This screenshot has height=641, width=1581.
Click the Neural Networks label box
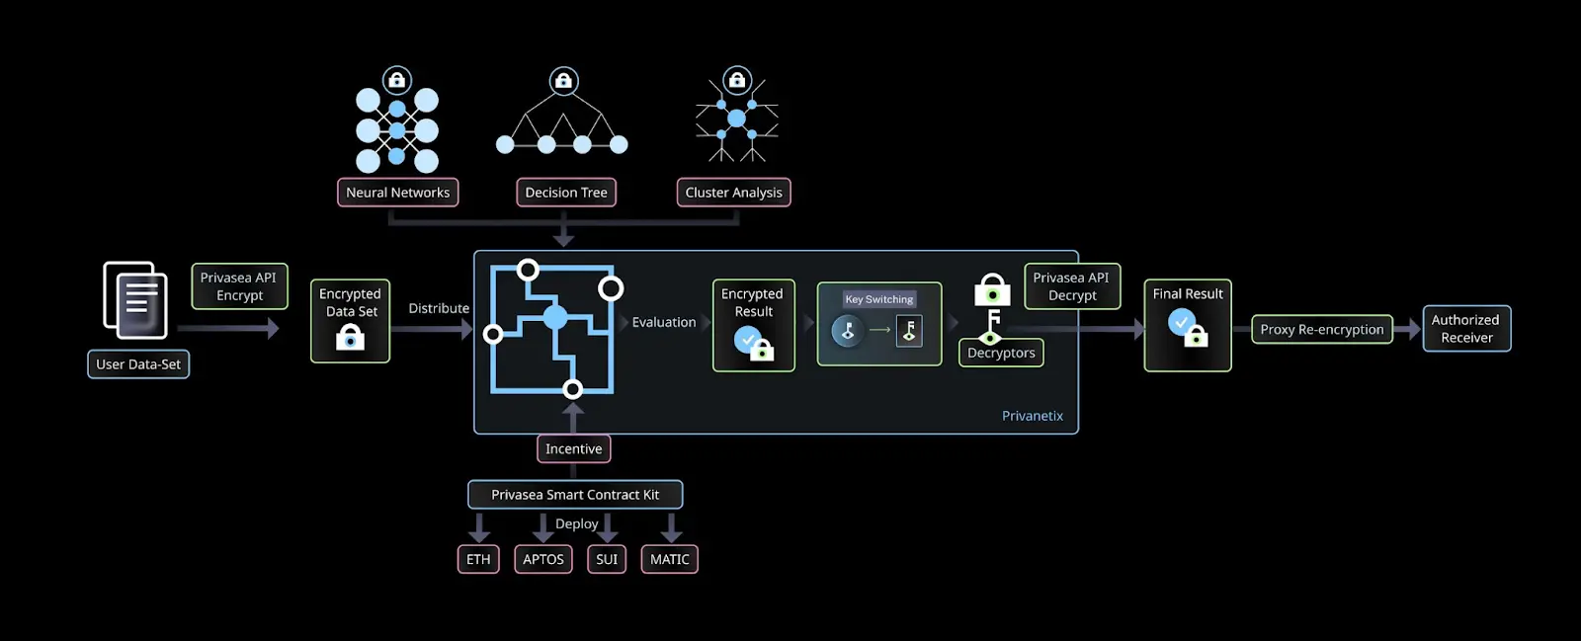[397, 193]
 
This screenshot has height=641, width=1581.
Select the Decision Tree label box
[566, 193]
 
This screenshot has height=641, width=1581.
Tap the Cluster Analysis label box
[733, 193]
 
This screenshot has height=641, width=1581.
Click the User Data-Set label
[138, 364]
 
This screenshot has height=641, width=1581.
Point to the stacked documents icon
[135, 299]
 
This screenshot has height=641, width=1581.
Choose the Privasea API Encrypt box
[239, 286]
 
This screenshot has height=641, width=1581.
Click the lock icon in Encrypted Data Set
[350, 338]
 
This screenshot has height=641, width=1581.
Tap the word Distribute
[439, 308]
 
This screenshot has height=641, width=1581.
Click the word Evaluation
[664, 322]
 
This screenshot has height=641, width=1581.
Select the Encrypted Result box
[753, 325]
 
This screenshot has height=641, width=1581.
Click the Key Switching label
[878, 299]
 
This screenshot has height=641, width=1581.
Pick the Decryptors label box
[1001, 353]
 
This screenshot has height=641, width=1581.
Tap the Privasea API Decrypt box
[1072, 286]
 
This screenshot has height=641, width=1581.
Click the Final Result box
[1187, 325]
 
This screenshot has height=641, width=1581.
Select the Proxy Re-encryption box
[1321, 330]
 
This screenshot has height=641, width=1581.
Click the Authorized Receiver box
[1466, 329]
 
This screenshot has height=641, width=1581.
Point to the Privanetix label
[1033, 416]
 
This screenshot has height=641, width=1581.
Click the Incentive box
[573, 448]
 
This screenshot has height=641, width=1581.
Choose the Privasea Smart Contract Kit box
[575, 495]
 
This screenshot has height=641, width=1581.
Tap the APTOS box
[542, 559]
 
